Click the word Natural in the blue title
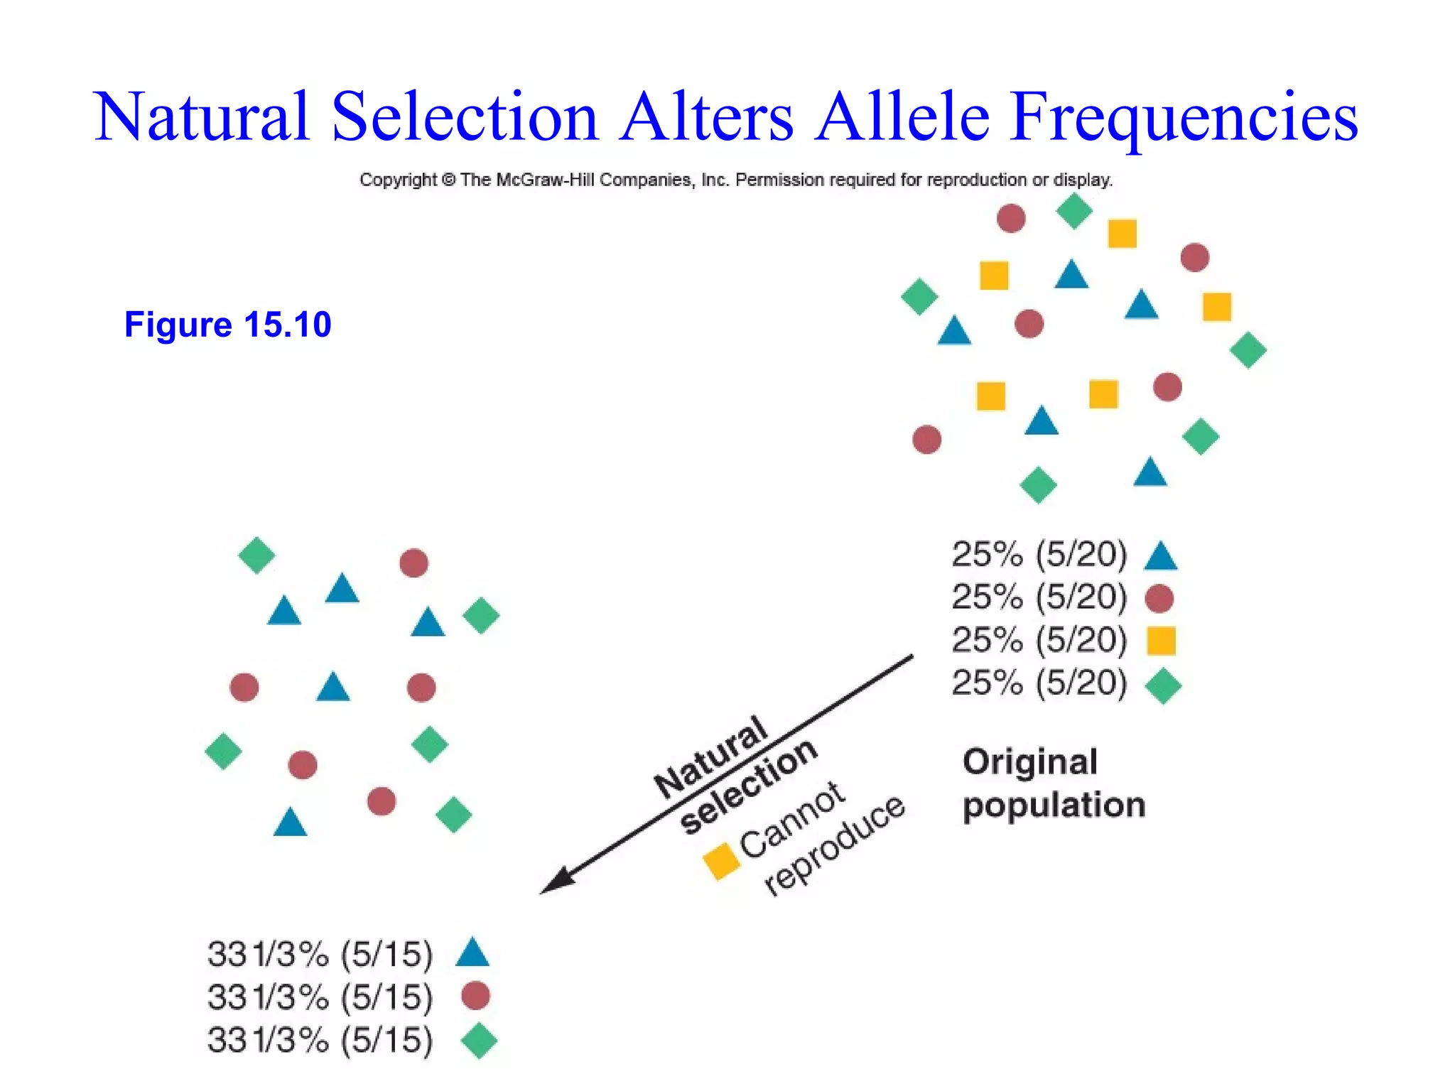[202, 117]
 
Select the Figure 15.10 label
[227, 325]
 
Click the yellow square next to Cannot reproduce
[721, 860]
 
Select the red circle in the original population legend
[1159, 599]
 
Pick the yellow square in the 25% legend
[1161, 641]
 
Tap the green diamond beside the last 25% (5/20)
[1162, 686]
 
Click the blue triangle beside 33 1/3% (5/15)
[472, 953]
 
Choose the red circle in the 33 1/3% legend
[475, 996]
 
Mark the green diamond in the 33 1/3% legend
[479, 1041]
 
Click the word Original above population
[1030, 762]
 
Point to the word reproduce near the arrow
[834, 845]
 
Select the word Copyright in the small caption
[398, 180]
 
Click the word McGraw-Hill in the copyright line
[545, 180]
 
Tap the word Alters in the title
[706, 117]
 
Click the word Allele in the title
[902, 117]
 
